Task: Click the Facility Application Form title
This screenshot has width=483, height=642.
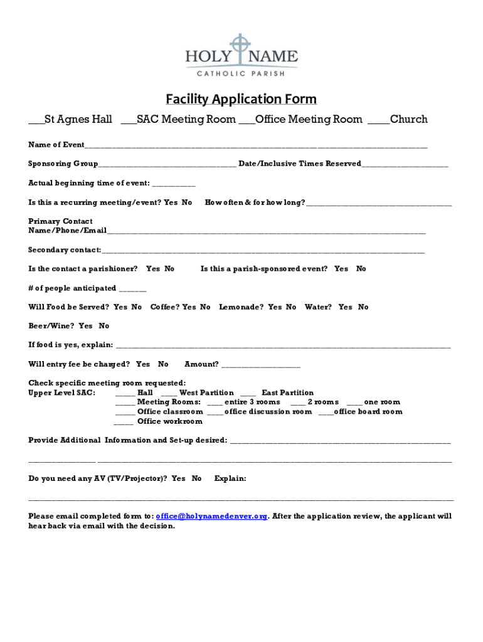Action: tap(241, 99)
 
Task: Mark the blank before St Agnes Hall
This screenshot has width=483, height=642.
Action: tap(36, 120)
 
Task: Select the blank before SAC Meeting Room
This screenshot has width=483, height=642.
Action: tap(128, 120)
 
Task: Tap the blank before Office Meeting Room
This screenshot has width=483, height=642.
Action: tap(247, 120)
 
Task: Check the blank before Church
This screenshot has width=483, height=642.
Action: tap(378, 120)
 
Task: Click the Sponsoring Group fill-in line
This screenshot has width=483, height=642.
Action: tap(167, 165)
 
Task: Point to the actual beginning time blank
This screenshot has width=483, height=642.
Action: tap(174, 184)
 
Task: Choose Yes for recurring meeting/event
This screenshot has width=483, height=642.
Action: tap(170, 203)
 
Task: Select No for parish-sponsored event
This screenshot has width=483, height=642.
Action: tap(361, 269)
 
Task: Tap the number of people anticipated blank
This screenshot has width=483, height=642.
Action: tap(132, 289)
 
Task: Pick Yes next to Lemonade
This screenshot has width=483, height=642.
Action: tap(275, 307)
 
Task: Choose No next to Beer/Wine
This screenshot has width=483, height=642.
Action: tap(104, 326)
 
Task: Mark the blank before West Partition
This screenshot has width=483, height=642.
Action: tap(169, 394)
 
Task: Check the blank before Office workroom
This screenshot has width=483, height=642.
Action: tap(123, 423)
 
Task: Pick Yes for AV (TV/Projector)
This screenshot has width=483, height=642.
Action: tap(179, 478)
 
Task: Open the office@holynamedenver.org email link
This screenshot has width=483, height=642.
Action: tap(211, 516)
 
